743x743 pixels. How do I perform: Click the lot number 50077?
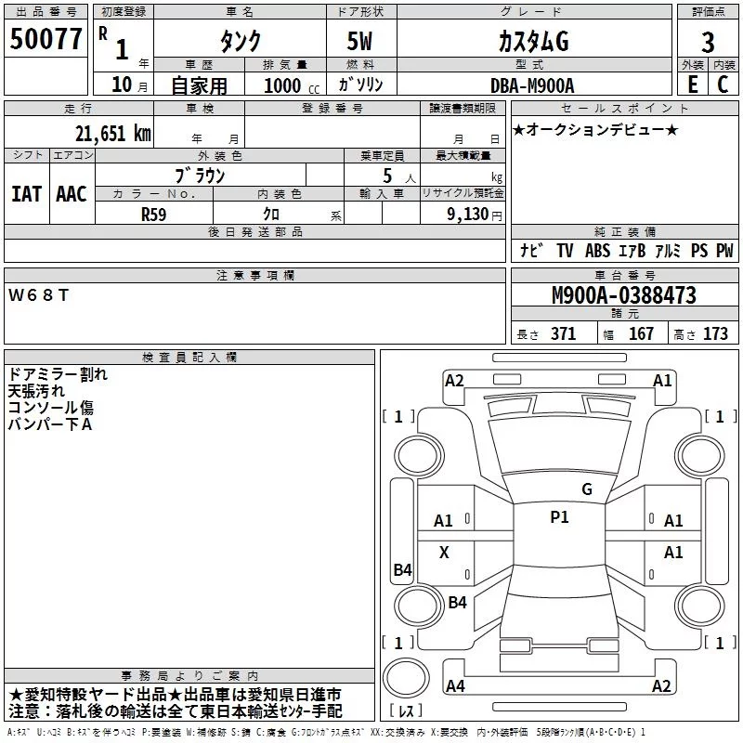[x=46, y=39]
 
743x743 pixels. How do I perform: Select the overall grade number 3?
[x=708, y=43]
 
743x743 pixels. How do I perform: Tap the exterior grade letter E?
[x=693, y=85]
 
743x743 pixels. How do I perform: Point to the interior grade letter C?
[x=723, y=85]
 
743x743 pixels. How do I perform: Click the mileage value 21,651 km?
[x=113, y=133]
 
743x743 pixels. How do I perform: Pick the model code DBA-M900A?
[x=532, y=85]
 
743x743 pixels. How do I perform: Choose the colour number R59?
[x=154, y=215]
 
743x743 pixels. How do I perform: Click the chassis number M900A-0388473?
[x=624, y=295]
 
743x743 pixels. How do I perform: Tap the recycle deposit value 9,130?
[x=467, y=215]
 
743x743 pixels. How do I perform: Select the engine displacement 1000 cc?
[x=292, y=85]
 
